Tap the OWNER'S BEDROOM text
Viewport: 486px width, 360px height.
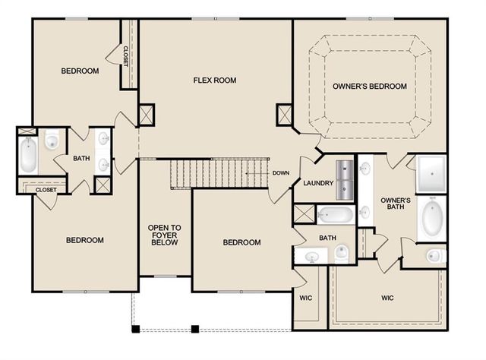369,86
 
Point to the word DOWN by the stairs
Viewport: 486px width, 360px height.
280,172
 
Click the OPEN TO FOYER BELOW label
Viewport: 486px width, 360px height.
164,235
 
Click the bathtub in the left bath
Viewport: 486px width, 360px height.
27,155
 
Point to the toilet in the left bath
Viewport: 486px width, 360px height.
52,140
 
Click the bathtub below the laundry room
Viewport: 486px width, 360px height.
335,215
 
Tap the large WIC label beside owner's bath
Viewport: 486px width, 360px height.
388,298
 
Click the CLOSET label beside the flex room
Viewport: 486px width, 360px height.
126,55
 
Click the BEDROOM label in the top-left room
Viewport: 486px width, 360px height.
80,71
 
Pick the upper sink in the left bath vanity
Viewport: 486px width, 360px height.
103,139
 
